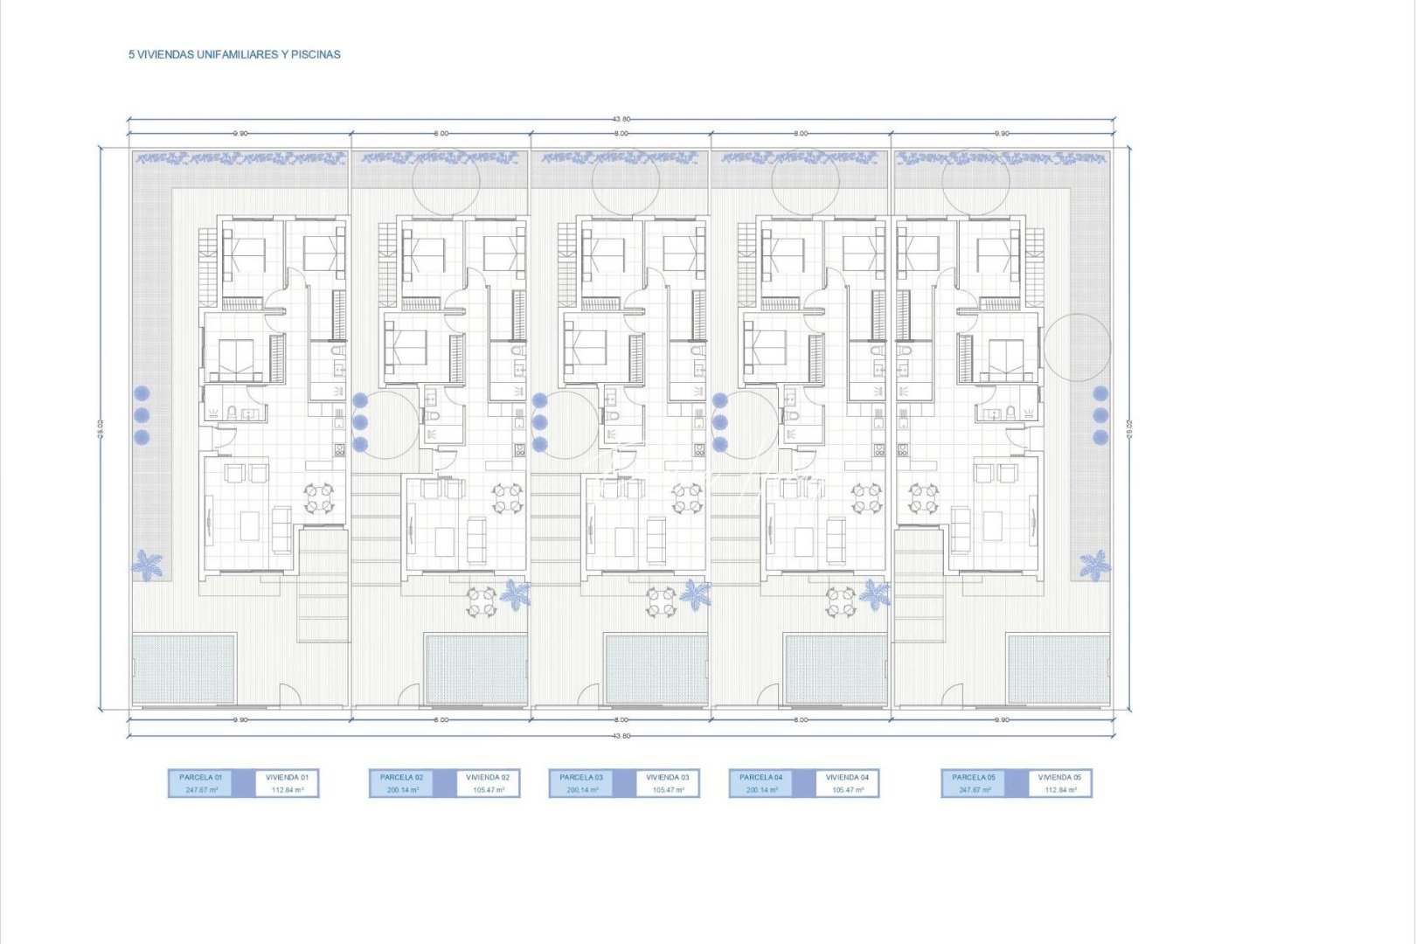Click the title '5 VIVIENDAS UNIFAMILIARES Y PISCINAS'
tap(234, 54)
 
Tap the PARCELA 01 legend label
tap(201, 777)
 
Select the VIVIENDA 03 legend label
tap(667, 777)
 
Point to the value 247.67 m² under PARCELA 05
tap(973, 790)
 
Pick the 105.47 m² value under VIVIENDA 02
tap(488, 790)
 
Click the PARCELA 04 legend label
tap(760, 777)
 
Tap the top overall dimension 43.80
tap(621, 119)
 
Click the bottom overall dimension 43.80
tap(621, 736)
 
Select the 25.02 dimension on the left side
tap(101, 428)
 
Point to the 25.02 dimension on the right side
tap(1129, 428)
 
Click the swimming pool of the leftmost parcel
tap(184, 669)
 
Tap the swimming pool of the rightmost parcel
tap(1058, 669)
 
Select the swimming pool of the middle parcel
tap(656, 669)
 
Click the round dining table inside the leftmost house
tap(318, 499)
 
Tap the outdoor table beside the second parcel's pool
tap(481, 602)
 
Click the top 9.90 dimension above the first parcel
tap(239, 134)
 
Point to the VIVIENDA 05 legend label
tap(1059, 777)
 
